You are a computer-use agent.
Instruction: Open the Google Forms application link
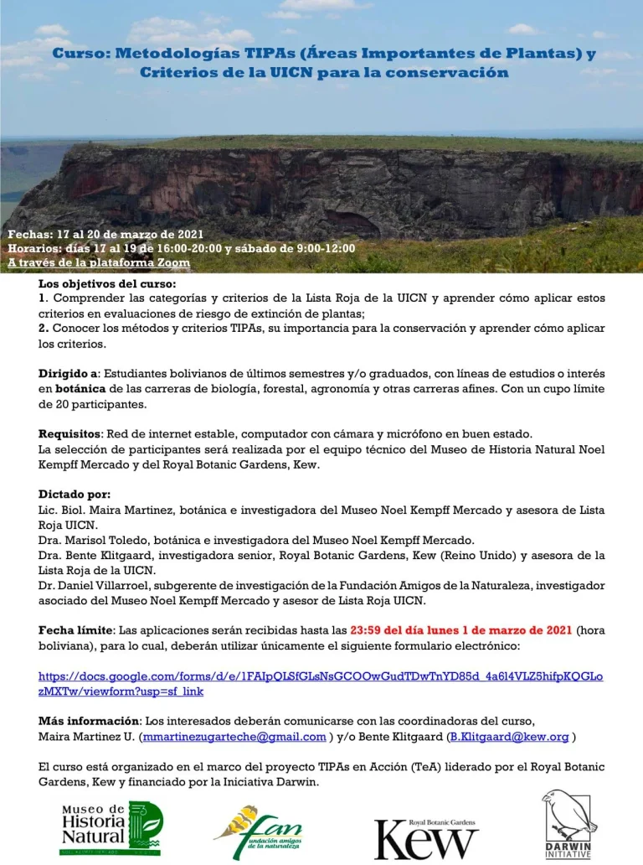tap(321, 683)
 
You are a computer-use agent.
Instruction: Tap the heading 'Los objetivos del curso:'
tap(95, 284)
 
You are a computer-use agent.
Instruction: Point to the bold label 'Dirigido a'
tap(69, 372)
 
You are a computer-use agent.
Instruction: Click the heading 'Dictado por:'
tap(74, 495)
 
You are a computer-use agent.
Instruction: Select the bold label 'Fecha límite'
tap(75, 630)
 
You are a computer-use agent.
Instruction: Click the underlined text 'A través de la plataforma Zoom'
tap(99, 262)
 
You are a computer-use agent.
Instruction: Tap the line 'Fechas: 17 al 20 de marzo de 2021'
tap(105, 234)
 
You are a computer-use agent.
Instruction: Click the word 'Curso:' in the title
tap(80, 54)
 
